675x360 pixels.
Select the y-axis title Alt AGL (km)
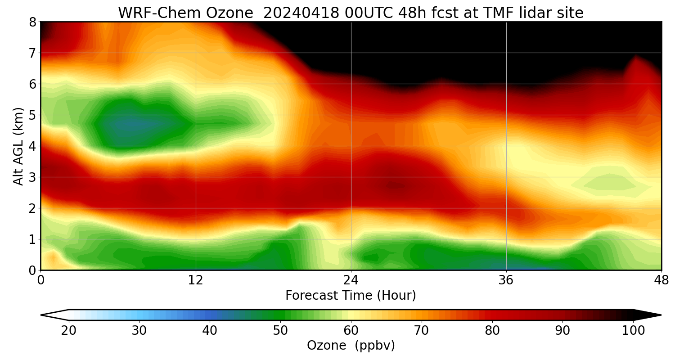coord(18,146)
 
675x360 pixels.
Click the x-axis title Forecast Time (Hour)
coord(351,295)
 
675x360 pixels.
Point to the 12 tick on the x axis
coord(196,280)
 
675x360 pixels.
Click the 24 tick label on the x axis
coord(351,280)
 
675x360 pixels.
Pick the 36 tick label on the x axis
coord(506,280)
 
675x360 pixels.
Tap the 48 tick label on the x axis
coord(661,280)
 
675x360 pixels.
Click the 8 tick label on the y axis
coord(32,22)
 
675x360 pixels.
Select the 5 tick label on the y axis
coord(32,115)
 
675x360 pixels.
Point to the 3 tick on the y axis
coord(32,177)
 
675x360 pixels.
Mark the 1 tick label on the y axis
coord(32,239)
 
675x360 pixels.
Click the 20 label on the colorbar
coord(69,331)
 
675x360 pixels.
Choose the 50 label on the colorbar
coord(280,331)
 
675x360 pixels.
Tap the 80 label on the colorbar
coord(492,331)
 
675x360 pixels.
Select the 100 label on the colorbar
coord(633,331)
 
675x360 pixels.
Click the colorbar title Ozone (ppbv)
coord(351,346)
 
